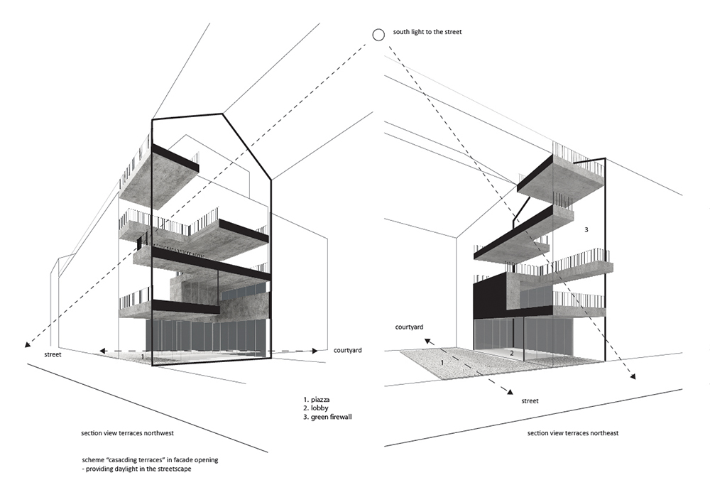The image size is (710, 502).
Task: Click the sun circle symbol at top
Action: [x=378, y=34]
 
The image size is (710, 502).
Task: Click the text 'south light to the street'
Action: [x=427, y=32]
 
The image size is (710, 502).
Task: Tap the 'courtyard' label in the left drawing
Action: [x=347, y=350]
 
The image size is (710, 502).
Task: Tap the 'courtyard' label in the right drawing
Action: [x=409, y=327]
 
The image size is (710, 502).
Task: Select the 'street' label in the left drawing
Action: [x=53, y=354]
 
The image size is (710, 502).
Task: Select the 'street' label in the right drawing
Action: [x=530, y=401]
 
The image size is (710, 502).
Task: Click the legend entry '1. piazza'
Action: [x=316, y=400]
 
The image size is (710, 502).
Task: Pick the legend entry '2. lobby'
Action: [x=316, y=408]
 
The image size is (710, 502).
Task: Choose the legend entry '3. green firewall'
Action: [x=327, y=417]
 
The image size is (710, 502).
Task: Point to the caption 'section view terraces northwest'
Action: [x=127, y=433]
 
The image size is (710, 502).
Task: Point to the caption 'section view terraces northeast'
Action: [x=573, y=433]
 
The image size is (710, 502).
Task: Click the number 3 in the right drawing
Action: [x=586, y=230]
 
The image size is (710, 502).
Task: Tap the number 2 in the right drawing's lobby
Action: [x=512, y=354]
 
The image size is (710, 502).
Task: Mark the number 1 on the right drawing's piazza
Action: [x=442, y=363]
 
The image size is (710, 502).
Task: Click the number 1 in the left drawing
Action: [x=143, y=356]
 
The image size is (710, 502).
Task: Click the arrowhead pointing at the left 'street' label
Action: [x=27, y=344]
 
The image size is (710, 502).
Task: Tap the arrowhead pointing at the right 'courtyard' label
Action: [x=427, y=341]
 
